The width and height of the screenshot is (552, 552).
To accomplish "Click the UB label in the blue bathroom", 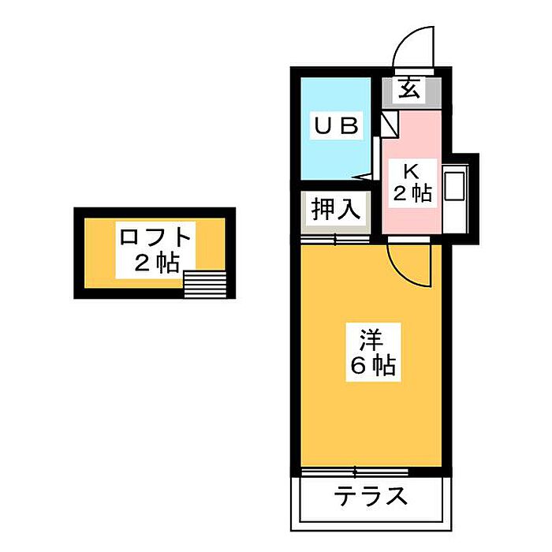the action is pos(337,125).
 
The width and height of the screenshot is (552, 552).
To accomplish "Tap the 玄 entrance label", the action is pos(409,88).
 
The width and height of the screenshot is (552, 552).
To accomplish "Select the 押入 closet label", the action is pos(336,209).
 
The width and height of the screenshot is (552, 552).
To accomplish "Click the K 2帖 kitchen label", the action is pos(412,183).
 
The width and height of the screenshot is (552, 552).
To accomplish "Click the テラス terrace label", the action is pos(371,496).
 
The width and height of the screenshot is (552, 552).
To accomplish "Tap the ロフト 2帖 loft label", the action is pos(155,250).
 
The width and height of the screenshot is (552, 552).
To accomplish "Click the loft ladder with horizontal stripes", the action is pos(205,284).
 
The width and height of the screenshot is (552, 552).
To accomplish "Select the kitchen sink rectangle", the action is pos(454,186).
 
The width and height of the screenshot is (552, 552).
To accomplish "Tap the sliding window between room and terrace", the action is pos(355,472).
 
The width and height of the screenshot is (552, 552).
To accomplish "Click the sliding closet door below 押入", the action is pos(335,240).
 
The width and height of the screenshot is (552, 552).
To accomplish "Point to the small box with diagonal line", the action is pos(390,125).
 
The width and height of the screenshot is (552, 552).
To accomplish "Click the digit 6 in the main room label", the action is pos(359,365).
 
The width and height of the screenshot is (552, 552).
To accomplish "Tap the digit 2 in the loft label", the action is pos(143,263).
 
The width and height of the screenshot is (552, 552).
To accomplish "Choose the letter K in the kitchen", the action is pos(411,172).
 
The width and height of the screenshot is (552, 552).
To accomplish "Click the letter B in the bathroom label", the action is pos(350,125).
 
